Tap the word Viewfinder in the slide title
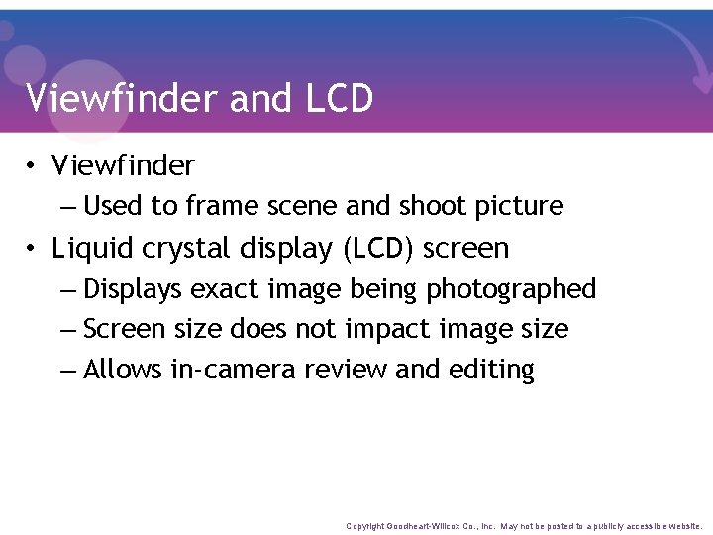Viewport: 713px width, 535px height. click(x=123, y=98)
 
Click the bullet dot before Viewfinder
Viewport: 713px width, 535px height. click(x=34, y=165)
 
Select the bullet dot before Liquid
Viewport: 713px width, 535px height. click(x=34, y=248)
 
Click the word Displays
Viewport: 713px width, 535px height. click(x=134, y=289)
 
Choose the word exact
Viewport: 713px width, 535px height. click(x=224, y=289)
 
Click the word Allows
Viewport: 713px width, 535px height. click(x=123, y=370)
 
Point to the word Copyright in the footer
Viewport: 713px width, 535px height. click(x=366, y=526)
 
